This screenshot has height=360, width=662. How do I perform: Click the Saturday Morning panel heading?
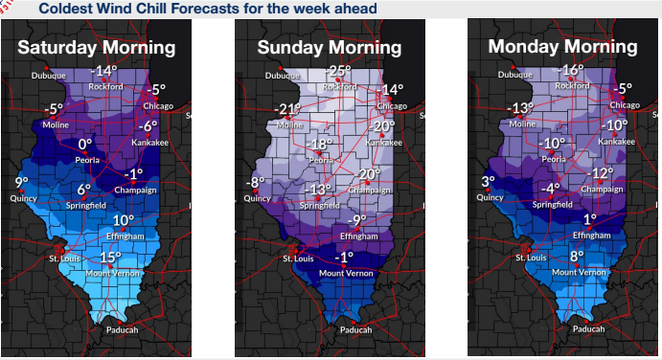[x=97, y=47]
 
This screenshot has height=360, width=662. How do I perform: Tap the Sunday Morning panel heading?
[x=327, y=48]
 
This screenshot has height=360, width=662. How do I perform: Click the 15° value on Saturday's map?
[x=110, y=257]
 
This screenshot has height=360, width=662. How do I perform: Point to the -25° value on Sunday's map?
[x=338, y=71]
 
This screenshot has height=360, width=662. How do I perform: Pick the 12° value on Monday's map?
[x=602, y=173]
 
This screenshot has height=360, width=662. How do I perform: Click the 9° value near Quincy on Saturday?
[x=21, y=182]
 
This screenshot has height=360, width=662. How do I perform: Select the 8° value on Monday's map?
[x=576, y=257]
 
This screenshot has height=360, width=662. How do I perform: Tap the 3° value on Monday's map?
[x=489, y=182]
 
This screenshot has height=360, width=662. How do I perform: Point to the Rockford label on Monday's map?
[x=573, y=85]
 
